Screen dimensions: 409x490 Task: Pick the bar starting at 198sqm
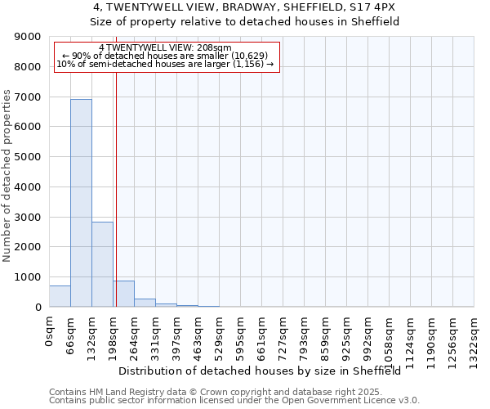point(124,294)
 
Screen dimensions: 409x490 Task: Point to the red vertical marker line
point(116,188)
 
